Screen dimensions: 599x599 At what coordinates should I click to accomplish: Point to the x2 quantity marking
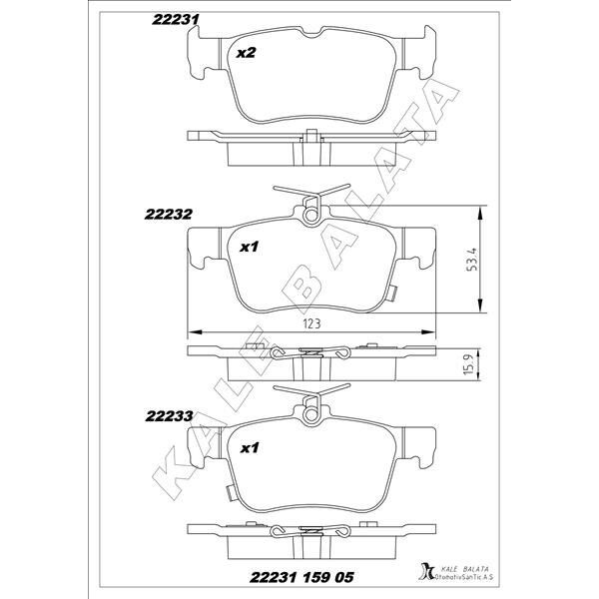click(x=246, y=53)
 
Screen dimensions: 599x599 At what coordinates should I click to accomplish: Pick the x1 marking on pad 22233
click(x=249, y=448)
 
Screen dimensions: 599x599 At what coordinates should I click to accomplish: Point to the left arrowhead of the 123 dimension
click(x=193, y=331)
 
